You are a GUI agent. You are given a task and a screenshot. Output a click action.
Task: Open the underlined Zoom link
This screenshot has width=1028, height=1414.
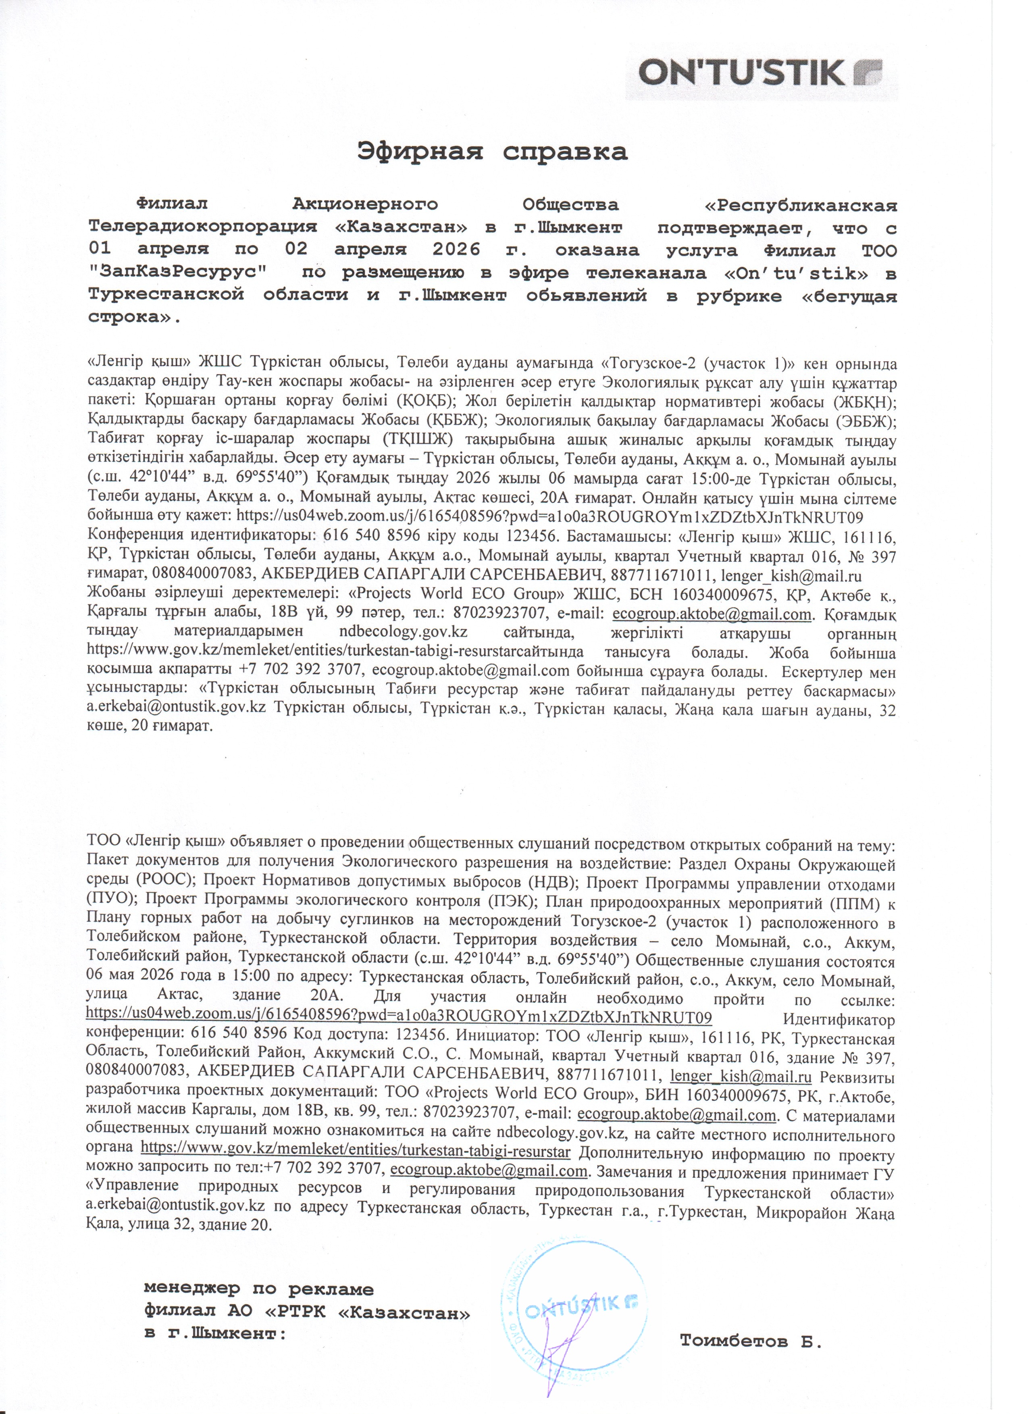[x=399, y=1018]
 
